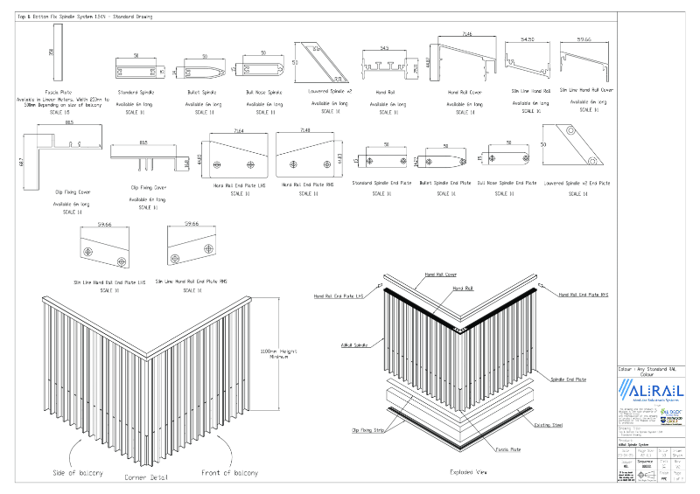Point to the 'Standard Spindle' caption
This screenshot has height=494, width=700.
135,92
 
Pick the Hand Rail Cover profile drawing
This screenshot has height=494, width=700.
464,58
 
